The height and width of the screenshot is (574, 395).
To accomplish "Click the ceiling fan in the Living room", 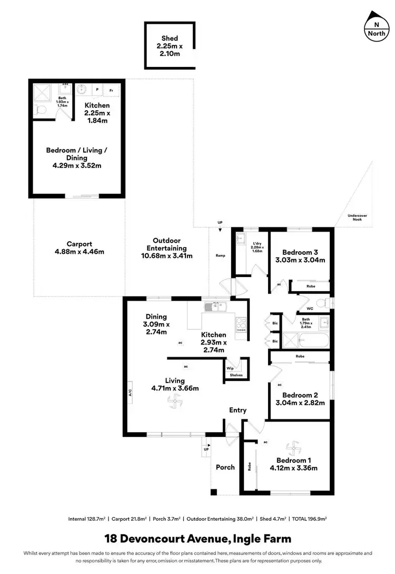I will pos(174,403).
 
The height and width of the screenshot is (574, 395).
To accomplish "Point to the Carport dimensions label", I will pos(80,248).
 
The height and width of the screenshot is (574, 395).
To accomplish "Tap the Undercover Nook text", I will pos(358,217).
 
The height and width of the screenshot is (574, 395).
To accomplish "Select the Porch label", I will pos(225,467).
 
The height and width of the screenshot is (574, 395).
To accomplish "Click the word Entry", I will pos(238,410).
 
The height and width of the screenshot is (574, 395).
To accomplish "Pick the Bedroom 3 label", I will pos(300,256).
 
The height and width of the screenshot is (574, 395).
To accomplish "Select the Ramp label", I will pos(220,255).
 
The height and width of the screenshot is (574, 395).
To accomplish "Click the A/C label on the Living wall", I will pos(129,393).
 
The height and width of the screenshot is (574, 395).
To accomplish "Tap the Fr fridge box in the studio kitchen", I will pos(111,90).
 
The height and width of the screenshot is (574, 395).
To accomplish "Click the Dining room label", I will pos(156,324).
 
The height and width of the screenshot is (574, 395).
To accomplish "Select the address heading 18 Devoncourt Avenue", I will pos(197,539).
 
